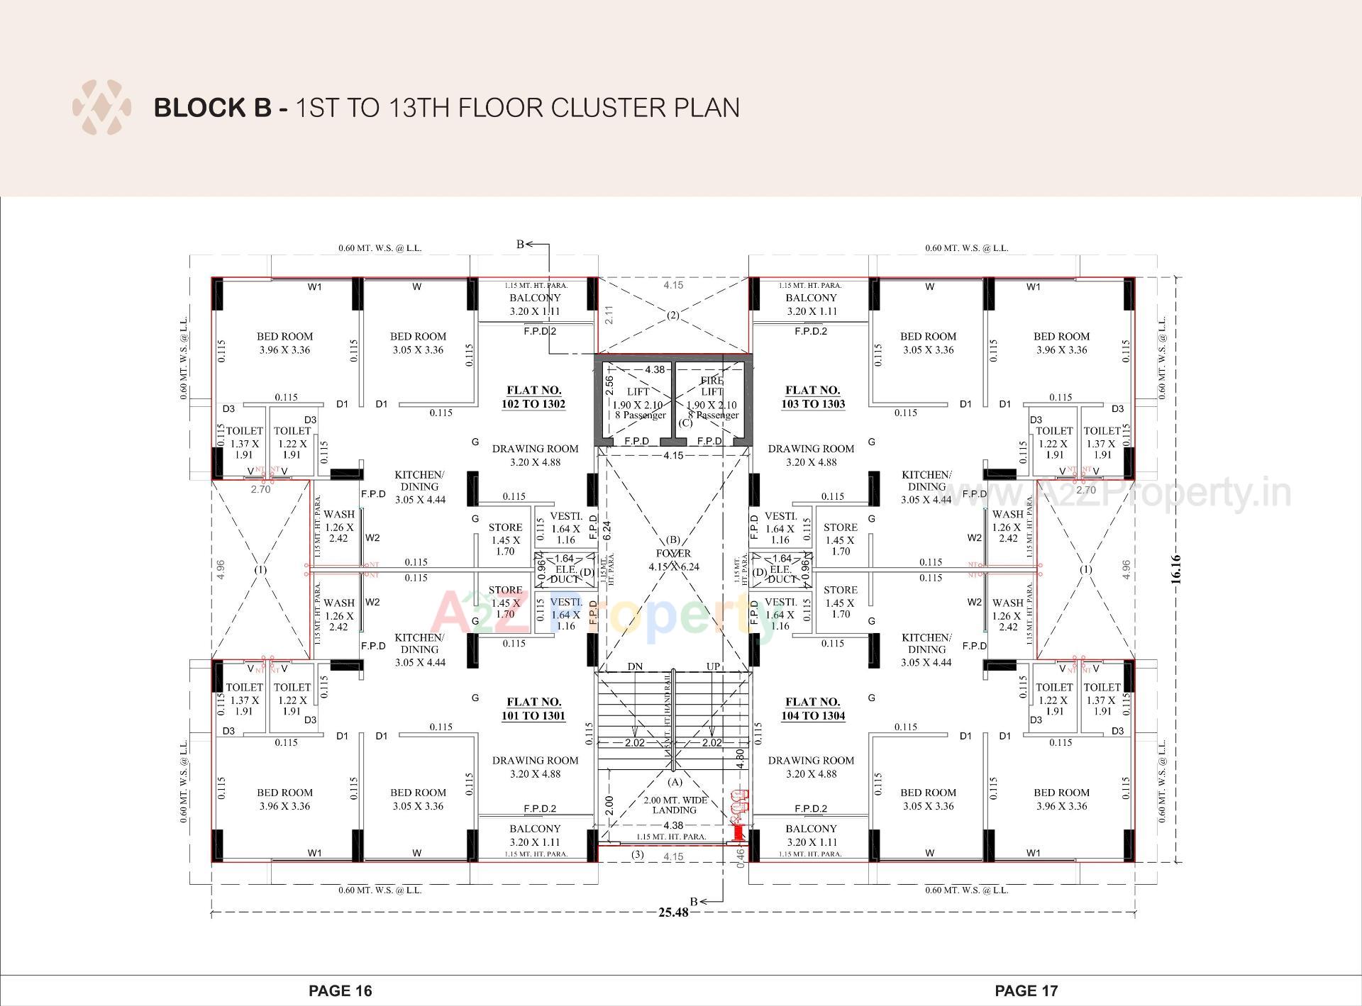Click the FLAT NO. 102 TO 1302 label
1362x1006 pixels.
click(x=534, y=397)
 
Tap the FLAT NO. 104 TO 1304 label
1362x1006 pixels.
click(x=813, y=709)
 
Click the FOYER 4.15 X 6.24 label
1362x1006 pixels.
click(x=673, y=560)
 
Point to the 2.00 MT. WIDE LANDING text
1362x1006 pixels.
click(x=675, y=805)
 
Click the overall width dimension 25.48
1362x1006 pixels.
click(x=672, y=912)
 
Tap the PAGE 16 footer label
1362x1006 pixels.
click(x=340, y=990)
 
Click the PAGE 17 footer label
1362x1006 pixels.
click(x=1026, y=990)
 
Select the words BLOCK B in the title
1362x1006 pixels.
click(x=212, y=108)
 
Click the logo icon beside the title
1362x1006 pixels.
click(x=101, y=108)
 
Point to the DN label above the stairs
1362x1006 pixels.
click(x=635, y=666)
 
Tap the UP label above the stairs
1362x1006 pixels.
click(x=713, y=666)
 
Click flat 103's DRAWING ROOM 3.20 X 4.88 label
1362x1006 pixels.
click(x=811, y=455)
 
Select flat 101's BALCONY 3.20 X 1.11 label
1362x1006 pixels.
click(x=535, y=835)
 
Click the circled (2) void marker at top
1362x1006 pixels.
click(x=672, y=315)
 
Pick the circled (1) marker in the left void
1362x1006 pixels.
click(x=260, y=570)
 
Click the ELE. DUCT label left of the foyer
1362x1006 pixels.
click(x=565, y=574)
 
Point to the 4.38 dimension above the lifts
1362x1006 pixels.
click(x=655, y=369)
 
